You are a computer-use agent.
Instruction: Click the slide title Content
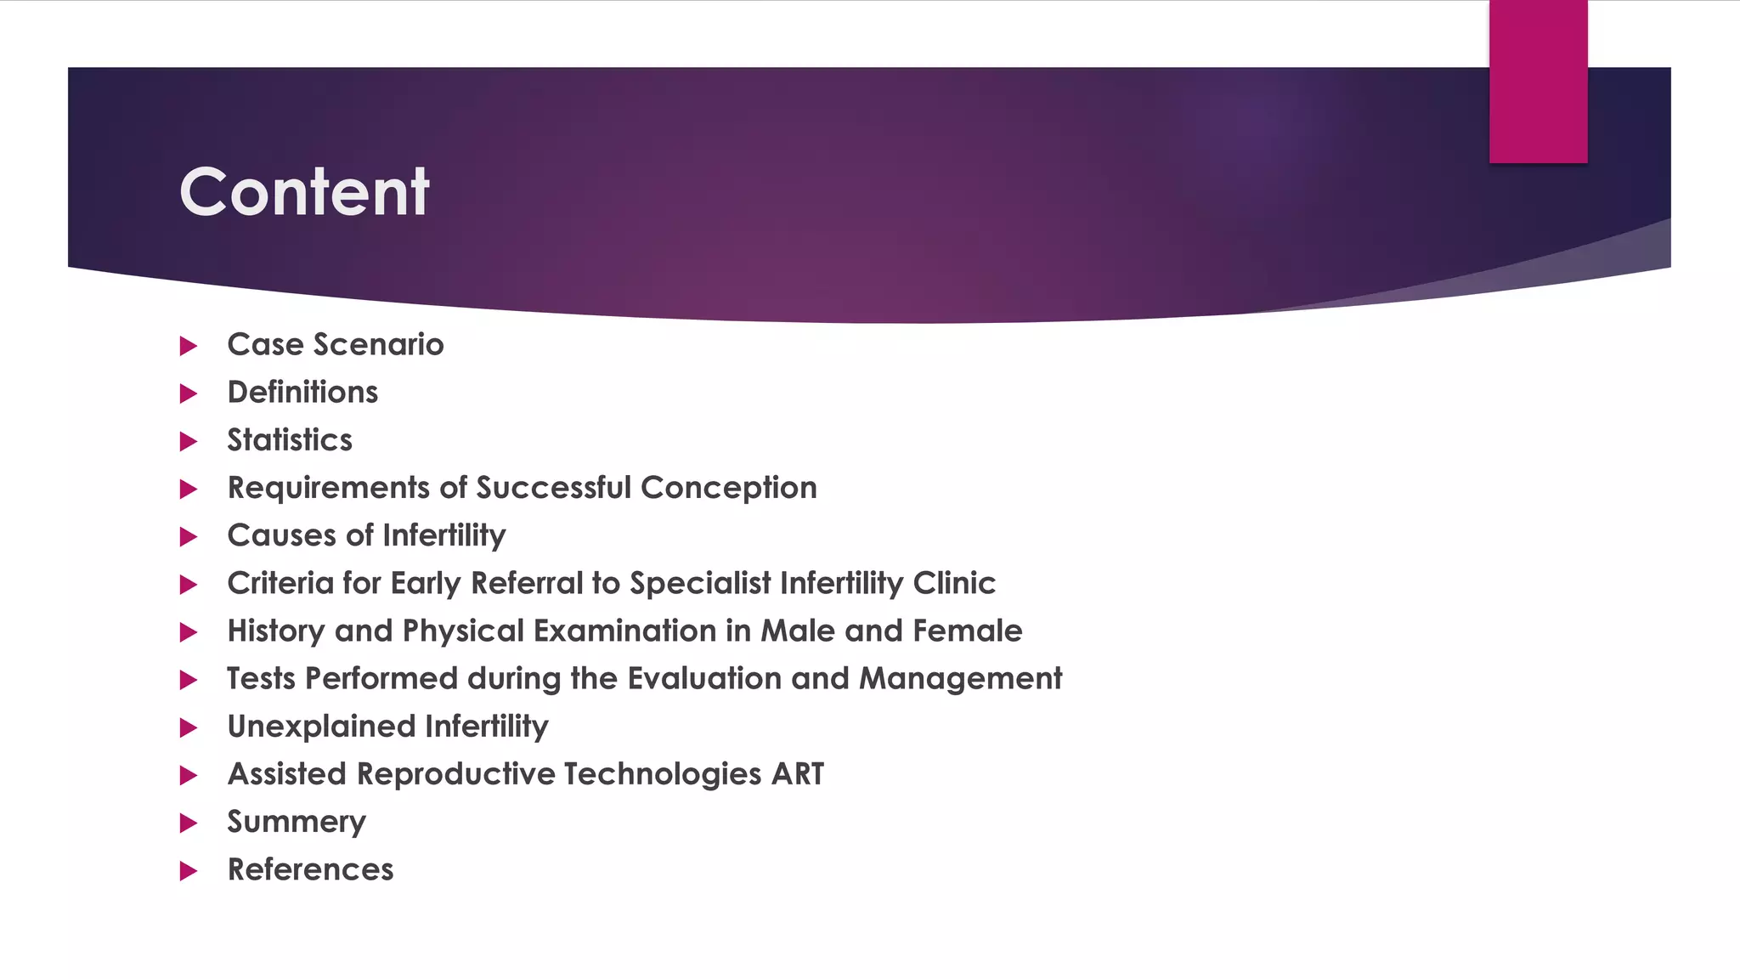(304, 192)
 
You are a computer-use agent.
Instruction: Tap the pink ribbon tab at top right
(1538, 81)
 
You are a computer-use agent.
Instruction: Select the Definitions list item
(302, 393)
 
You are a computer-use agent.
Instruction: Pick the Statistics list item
(290, 440)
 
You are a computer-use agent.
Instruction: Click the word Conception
(728, 488)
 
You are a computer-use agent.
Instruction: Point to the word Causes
(282, 535)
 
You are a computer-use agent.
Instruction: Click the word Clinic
(954, 583)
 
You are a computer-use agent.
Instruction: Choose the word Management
(960, 678)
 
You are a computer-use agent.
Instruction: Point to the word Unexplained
(321, 727)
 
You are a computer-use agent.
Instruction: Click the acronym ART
(798, 774)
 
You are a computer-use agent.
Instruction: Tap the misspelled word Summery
(297, 822)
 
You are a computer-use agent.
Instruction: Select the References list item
(310, 869)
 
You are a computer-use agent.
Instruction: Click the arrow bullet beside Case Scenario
(189, 346)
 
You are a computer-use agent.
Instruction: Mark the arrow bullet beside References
(189, 871)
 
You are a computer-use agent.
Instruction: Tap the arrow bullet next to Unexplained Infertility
(189, 727)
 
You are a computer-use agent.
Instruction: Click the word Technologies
(662, 774)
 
